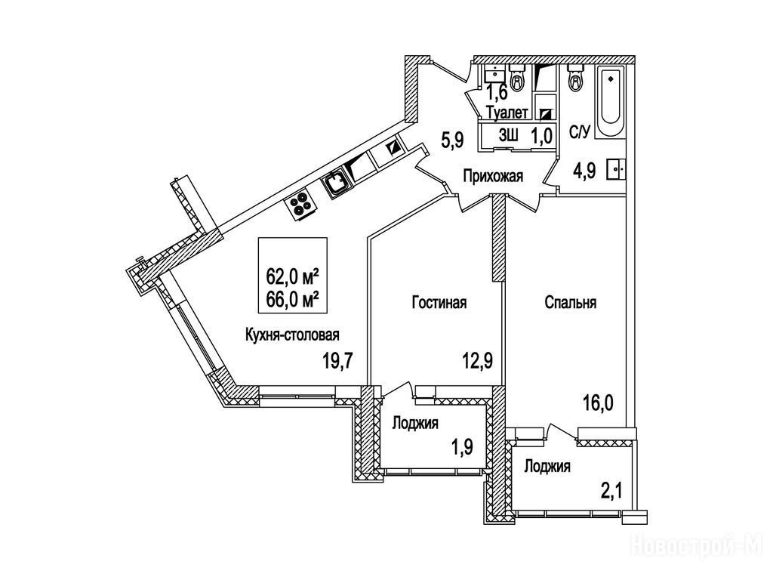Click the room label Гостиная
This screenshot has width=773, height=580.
coord(439,303)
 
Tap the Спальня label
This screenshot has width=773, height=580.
coord(571,303)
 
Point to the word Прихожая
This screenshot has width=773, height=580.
coord(494,177)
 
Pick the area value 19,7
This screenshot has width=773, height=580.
coord(338,360)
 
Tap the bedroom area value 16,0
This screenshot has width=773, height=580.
coord(599,401)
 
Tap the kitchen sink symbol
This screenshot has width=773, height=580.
coord(335,182)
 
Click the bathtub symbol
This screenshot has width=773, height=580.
coord(610,103)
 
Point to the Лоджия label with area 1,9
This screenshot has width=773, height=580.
coord(414,423)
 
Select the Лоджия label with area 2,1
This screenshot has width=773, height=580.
coord(547,467)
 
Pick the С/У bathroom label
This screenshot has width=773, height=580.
coord(579,134)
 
